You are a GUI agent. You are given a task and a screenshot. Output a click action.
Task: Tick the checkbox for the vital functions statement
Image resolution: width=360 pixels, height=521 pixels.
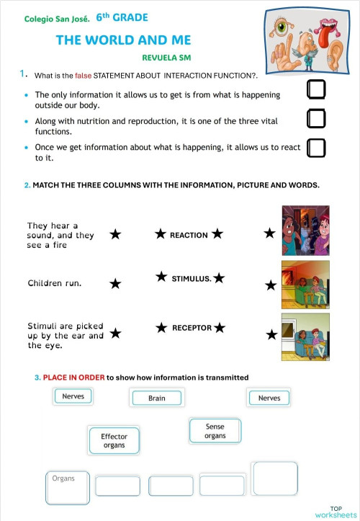click(x=316, y=118)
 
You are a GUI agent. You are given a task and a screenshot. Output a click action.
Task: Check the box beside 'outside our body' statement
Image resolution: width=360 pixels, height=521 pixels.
click(x=316, y=90)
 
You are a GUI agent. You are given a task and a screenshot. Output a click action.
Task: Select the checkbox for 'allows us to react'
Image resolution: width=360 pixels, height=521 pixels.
click(x=316, y=148)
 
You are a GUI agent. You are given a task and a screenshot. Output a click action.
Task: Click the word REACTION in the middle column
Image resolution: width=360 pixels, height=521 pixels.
click(x=189, y=235)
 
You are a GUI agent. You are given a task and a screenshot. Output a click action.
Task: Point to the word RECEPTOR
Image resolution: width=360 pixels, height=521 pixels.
click(x=192, y=328)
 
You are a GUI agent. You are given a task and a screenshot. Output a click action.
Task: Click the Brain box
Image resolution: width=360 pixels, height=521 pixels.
click(x=157, y=398)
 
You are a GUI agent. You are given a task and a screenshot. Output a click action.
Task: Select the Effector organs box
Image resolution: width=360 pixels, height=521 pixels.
click(x=114, y=440)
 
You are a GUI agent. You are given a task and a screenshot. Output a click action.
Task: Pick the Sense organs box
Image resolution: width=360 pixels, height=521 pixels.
click(x=215, y=431)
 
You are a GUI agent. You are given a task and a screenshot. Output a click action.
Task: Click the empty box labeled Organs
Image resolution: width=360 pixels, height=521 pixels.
click(x=69, y=487)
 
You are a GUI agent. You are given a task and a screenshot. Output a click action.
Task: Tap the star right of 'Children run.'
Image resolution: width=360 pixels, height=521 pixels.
click(x=114, y=284)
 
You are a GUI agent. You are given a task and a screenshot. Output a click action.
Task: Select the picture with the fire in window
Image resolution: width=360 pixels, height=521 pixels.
click(x=305, y=284)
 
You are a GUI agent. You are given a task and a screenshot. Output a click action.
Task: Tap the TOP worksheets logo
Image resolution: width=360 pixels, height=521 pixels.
click(x=336, y=512)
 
